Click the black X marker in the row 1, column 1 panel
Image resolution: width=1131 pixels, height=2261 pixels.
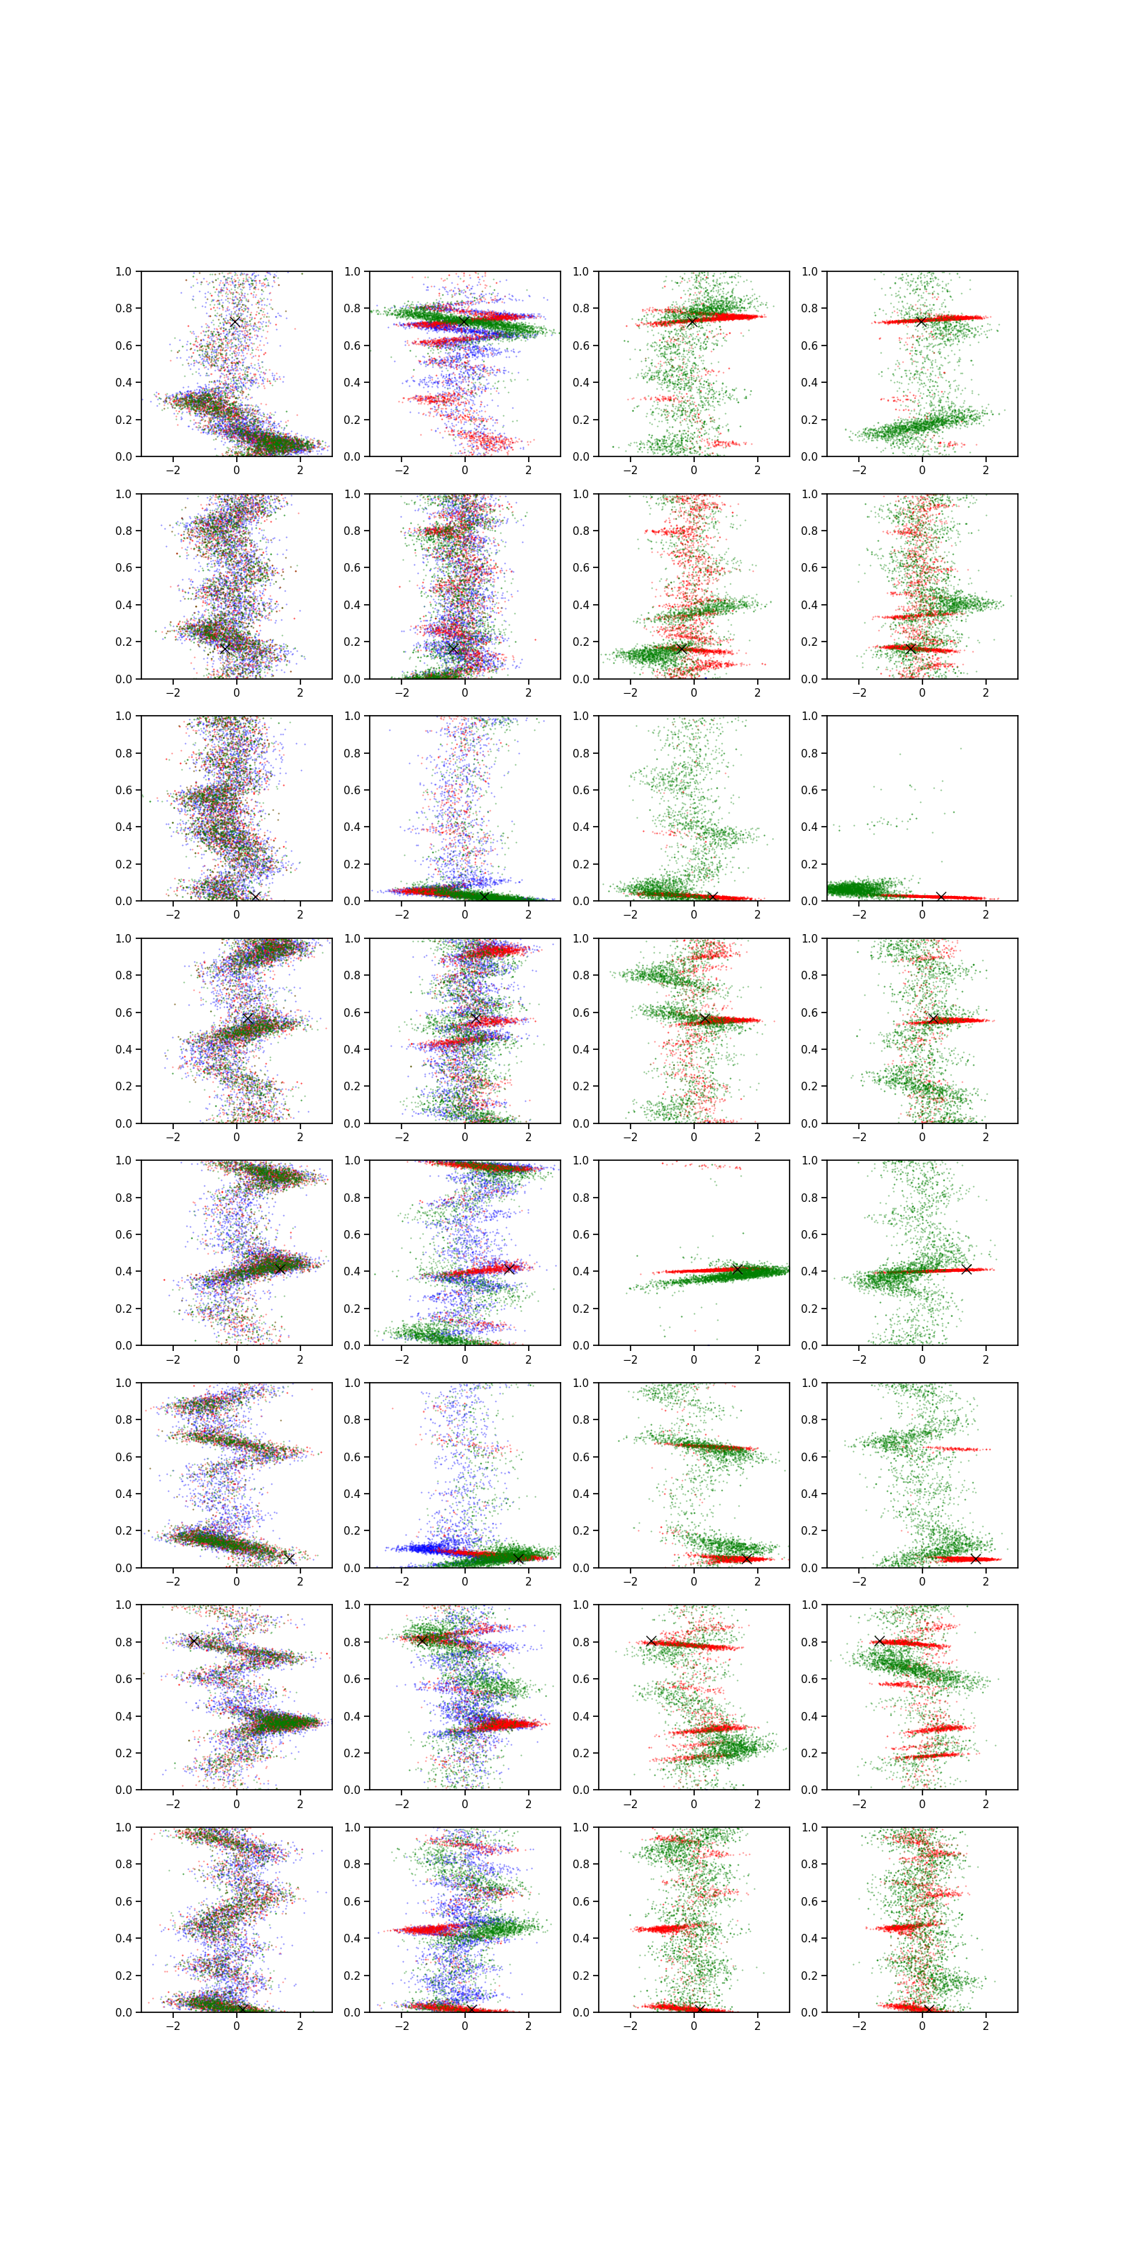pyautogui.click(x=235, y=322)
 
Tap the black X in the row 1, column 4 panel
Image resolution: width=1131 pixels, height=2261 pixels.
pyautogui.click(x=920, y=322)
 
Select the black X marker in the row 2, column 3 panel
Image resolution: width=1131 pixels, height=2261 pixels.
pyautogui.click(x=681, y=649)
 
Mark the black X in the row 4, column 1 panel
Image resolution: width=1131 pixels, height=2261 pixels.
pyautogui.click(x=247, y=1018)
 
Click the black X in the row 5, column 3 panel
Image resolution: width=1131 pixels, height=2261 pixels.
pyautogui.click(x=737, y=1269)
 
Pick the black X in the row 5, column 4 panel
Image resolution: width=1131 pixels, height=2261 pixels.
pyautogui.click(x=966, y=1269)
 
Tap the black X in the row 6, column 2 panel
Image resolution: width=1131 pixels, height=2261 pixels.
pyautogui.click(x=518, y=1558)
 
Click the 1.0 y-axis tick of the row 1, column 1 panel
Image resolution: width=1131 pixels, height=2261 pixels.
pyautogui.click(x=123, y=271)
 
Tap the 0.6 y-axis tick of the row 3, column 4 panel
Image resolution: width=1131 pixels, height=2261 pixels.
pyautogui.click(x=809, y=790)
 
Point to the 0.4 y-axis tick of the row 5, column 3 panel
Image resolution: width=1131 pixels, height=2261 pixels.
pyautogui.click(x=580, y=1271)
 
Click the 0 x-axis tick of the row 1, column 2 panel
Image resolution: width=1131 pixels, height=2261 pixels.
pyautogui.click(x=464, y=471)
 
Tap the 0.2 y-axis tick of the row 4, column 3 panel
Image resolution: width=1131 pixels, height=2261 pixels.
pyautogui.click(x=580, y=1086)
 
